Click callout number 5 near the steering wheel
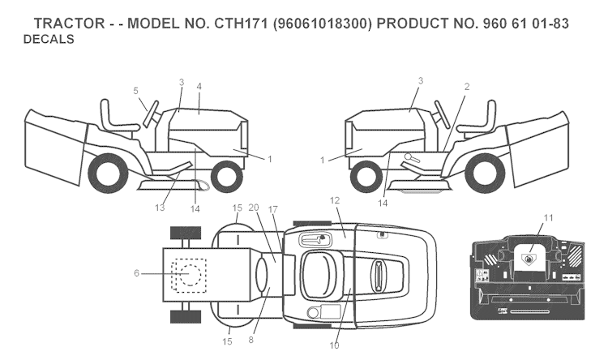135,90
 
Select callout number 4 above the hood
199,85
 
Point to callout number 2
467,86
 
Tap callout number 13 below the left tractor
160,208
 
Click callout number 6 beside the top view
136,273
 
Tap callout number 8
251,340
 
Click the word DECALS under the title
49,39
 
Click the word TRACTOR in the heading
67,24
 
